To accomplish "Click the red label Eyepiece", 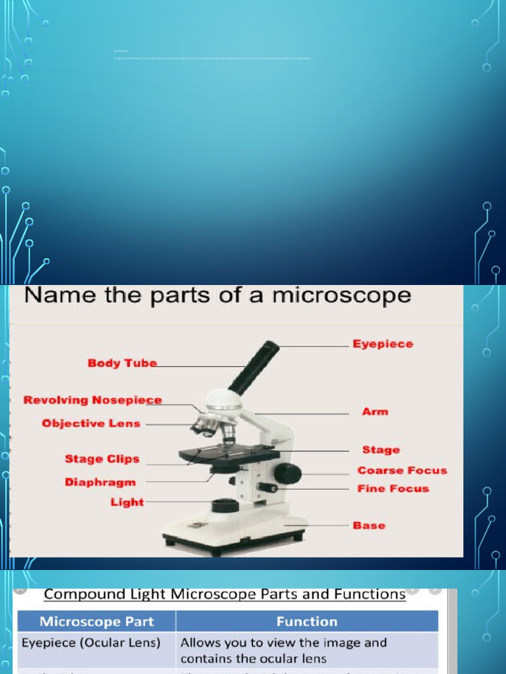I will pyautogui.click(x=383, y=344).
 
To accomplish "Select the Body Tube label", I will pyautogui.click(x=123, y=363).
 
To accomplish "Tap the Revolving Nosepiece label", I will pyautogui.click(x=92, y=400).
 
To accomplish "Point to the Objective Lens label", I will pyautogui.click(x=91, y=423).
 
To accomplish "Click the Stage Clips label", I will pyautogui.click(x=102, y=459).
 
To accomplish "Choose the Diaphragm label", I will pyautogui.click(x=100, y=482).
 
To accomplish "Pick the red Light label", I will pyautogui.click(x=127, y=502).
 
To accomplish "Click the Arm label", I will pyautogui.click(x=375, y=411).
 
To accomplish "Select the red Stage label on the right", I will pyautogui.click(x=381, y=450).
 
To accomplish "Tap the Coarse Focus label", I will pyautogui.click(x=402, y=470).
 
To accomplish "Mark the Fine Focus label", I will pyautogui.click(x=393, y=488).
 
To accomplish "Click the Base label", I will pyautogui.click(x=369, y=525).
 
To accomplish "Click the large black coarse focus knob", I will pyautogui.click(x=288, y=473).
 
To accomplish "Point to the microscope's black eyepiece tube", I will pyautogui.click(x=254, y=367).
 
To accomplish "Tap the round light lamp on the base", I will pyautogui.click(x=225, y=505).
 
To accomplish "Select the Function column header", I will pyautogui.click(x=306, y=621).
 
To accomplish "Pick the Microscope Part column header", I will pyautogui.click(x=96, y=621).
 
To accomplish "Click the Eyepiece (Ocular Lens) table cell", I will pyautogui.click(x=91, y=642).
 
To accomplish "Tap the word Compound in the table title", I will pyautogui.click(x=84, y=594).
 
